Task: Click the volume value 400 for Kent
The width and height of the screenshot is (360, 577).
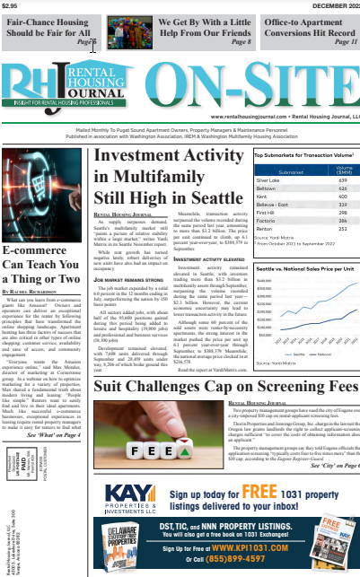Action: click(x=342, y=196)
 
